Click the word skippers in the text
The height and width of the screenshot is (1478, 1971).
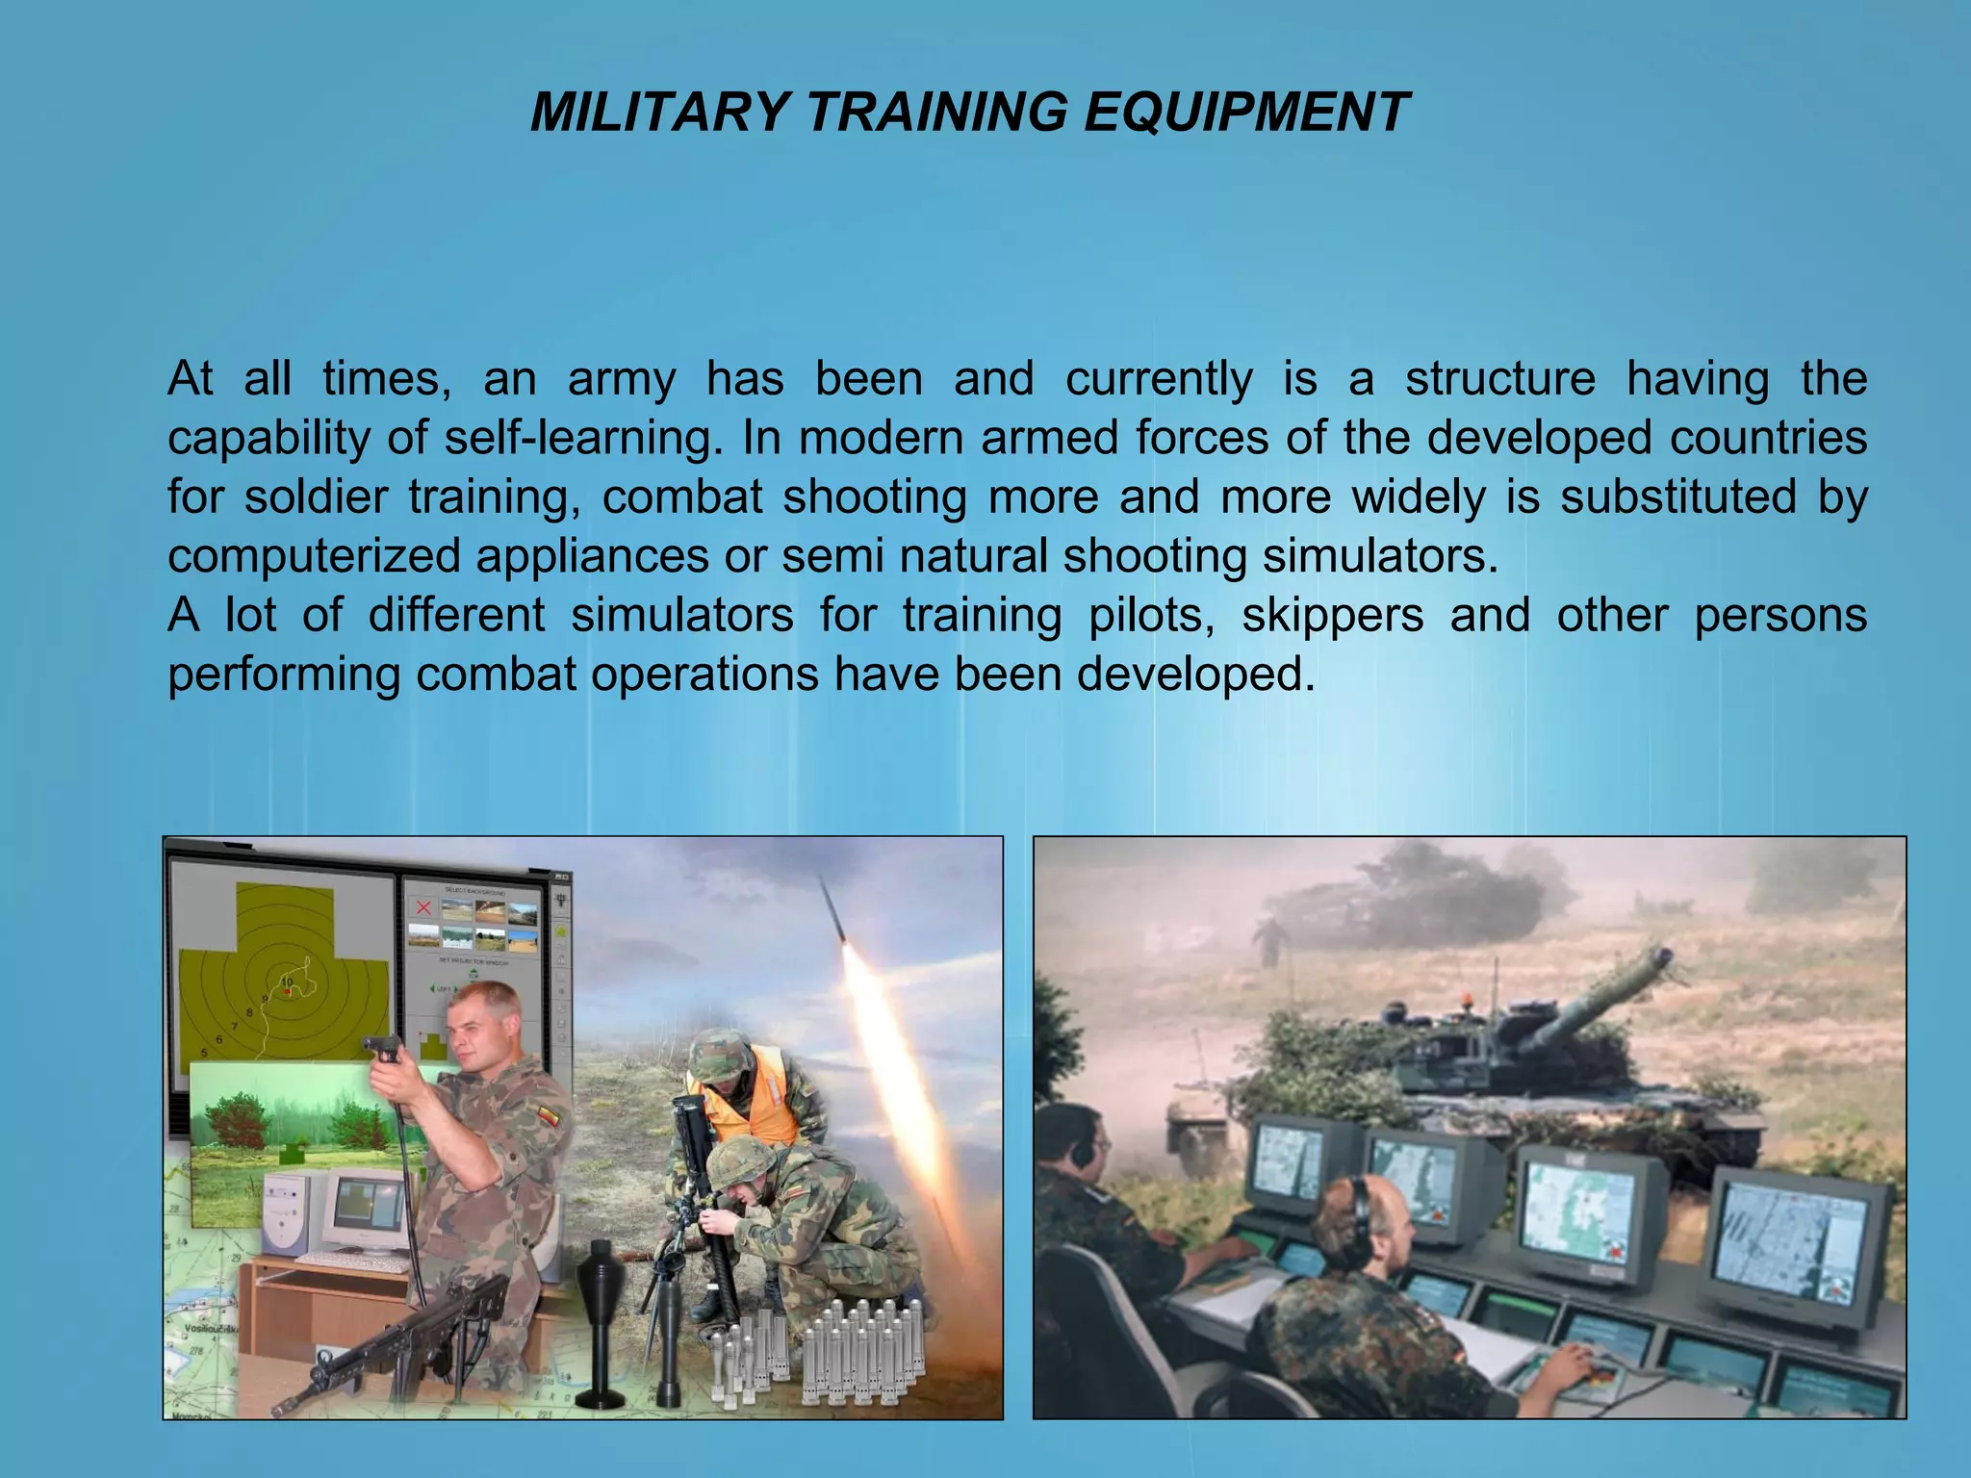[1332, 616]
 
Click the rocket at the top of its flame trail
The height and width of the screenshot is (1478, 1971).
[833, 909]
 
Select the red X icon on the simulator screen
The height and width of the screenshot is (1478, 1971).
[422, 907]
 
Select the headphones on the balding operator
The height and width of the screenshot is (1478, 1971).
[1359, 1222]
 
